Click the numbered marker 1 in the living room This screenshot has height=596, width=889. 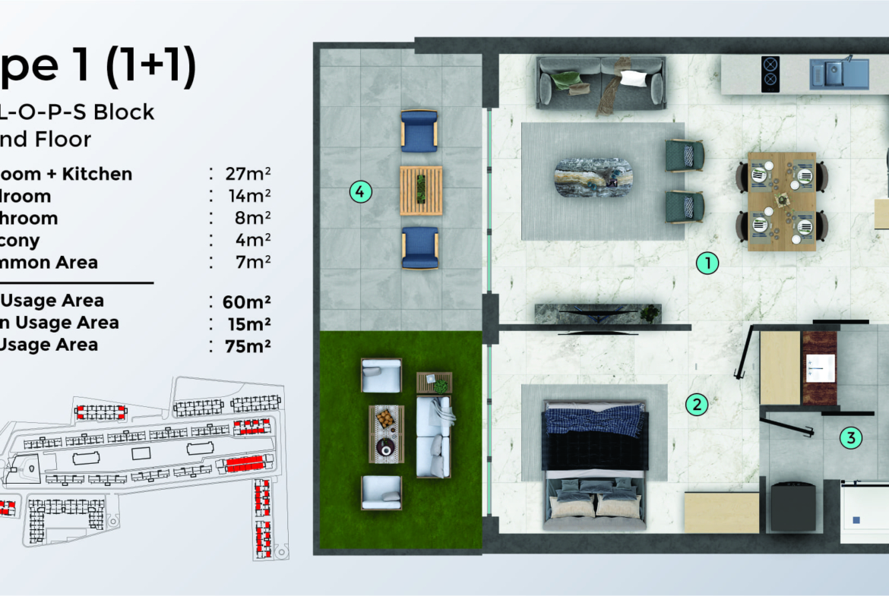point(707,263)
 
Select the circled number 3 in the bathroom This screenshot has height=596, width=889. point(851,437)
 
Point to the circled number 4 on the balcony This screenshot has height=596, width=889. point(361,192)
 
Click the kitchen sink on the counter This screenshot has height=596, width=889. point(838,74)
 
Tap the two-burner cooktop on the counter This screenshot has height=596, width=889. point(770,74)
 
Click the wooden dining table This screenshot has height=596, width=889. point(781,200)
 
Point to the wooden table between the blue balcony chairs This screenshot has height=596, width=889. point(420,190)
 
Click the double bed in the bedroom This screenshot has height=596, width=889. point(595,465)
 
